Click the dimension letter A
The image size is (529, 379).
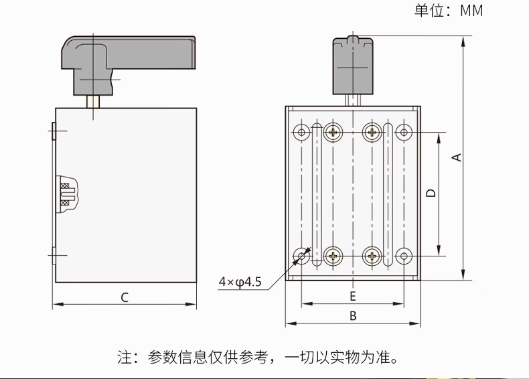pos(457,157)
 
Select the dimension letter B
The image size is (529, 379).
pos(353,315)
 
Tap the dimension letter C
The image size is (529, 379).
pos(125,297)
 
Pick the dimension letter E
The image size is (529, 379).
pos(353,295)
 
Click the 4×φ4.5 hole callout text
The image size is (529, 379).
pos(240,282)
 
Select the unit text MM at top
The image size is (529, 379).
pos(471,10)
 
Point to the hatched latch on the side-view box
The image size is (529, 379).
pos(67,194)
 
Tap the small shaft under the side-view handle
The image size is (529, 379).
pos(94,102)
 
